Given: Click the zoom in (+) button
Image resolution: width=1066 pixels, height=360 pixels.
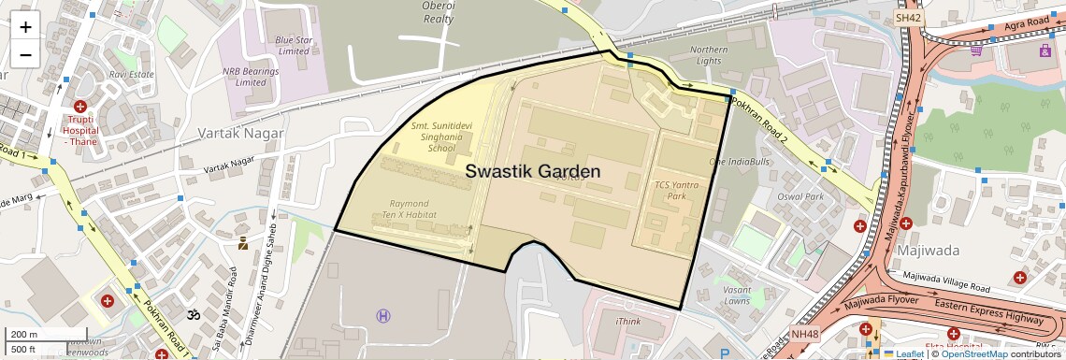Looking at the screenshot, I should [25, 26].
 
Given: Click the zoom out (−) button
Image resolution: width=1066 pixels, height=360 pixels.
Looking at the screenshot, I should [25, 54].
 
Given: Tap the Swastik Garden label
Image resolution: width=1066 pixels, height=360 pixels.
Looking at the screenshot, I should [538, 172].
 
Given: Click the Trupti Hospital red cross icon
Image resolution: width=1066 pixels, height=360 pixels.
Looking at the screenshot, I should [80, 108].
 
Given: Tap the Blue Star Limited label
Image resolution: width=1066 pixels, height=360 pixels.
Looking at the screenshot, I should [292, 45].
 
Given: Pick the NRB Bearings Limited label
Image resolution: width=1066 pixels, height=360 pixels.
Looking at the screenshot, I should [244, 76].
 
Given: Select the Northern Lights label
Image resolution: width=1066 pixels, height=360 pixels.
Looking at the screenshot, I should [709, 54].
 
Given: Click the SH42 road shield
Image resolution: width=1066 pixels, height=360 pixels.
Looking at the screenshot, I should [908, 17].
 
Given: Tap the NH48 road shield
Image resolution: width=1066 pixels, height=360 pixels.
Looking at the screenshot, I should [803, 333].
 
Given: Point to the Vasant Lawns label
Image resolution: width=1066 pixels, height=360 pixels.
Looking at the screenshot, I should [737, 295].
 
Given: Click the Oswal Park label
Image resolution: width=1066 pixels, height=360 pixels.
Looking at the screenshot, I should [800, 197].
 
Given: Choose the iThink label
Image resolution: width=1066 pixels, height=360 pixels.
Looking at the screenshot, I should [628, 322].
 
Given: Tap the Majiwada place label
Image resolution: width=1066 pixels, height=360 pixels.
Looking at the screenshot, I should [922, 251].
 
